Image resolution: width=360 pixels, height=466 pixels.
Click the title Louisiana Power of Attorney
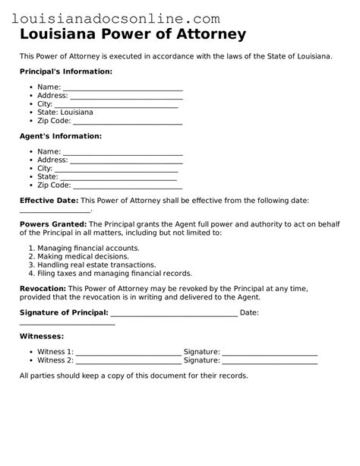[133, 34]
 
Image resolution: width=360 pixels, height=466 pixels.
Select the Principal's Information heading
[66, 71]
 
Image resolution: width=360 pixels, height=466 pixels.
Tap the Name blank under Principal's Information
[122, 88]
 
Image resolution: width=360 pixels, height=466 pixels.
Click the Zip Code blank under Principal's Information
[128, 122]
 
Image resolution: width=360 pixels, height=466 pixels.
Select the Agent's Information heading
[60, 136]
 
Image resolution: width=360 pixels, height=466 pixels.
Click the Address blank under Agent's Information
[126, 161]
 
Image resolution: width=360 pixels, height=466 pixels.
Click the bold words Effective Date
[49, 200]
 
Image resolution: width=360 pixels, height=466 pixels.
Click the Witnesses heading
[42, 336]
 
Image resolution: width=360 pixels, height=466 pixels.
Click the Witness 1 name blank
[129, 353]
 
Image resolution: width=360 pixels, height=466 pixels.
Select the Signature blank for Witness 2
[270, 361]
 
